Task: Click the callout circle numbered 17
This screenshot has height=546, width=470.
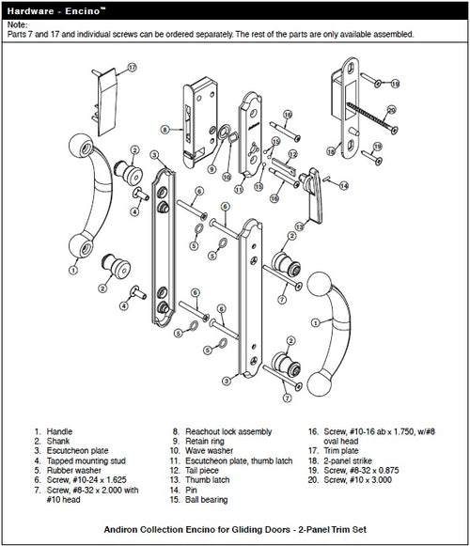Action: tap(133, 67)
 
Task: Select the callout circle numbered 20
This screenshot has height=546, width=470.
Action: tap(391, 110)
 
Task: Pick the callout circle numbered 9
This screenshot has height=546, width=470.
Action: tap(213, 173)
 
